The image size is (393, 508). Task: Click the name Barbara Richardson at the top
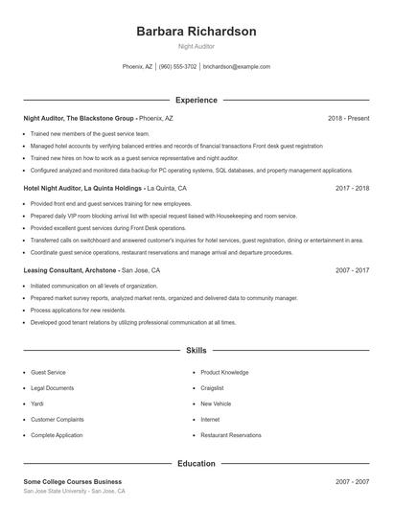click(196, 31)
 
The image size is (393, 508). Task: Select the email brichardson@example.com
click(236, 67)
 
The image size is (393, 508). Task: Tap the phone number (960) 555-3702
click(177, 67)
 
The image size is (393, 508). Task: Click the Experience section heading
click(196, 100)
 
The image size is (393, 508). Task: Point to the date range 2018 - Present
click(348, 118)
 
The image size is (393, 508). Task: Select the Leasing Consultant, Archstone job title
click(71, 271)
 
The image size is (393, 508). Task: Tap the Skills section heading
click(196, 352)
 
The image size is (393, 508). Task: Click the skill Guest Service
click(48, 372)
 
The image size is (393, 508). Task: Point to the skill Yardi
click(38, 404)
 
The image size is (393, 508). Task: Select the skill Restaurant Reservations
click(230, 435)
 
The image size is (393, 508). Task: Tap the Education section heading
click(196, 464)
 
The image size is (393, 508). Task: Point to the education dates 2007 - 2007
click(352, 481)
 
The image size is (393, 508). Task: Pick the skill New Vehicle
click(216, 404)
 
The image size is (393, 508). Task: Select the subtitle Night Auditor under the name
click(196, 46)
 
